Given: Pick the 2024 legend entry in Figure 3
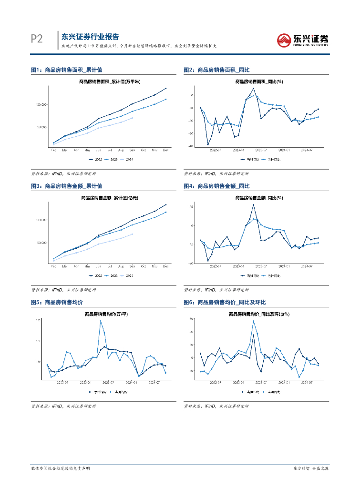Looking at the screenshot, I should tap(127, 275).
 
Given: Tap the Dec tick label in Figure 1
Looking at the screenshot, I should tap(165, 150).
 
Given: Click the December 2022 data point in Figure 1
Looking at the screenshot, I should tap(165, 88).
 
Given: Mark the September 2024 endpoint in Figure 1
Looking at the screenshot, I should tap(132, 118).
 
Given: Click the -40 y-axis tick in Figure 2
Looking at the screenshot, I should tap(191, 146).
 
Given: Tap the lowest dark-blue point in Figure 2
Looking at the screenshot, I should tap(208, 144).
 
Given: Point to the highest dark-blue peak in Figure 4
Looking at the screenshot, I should tap(254, 205).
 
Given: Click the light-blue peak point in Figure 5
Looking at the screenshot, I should tap(101, 321).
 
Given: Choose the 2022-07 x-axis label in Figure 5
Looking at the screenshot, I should tap(62, 382).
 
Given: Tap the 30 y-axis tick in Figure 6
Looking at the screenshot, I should tap(191, 318).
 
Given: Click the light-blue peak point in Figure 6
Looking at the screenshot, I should tap(253, 321).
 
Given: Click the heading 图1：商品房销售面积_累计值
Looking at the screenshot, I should tap(66, 70).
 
